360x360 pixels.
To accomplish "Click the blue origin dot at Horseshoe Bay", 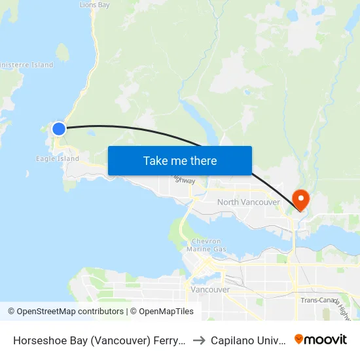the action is click(59, 128).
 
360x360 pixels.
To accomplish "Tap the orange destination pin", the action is click(301, 199).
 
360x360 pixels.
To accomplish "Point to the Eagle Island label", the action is click(58, 158).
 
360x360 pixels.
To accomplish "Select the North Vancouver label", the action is click(248, 202).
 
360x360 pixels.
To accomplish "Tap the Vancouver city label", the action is click(209, 289).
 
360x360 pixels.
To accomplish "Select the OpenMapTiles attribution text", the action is click(162, 312).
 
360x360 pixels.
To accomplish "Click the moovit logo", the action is click(321, 339).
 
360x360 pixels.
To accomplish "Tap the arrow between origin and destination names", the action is click(198, 340).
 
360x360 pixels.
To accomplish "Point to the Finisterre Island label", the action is click(26, 65).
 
